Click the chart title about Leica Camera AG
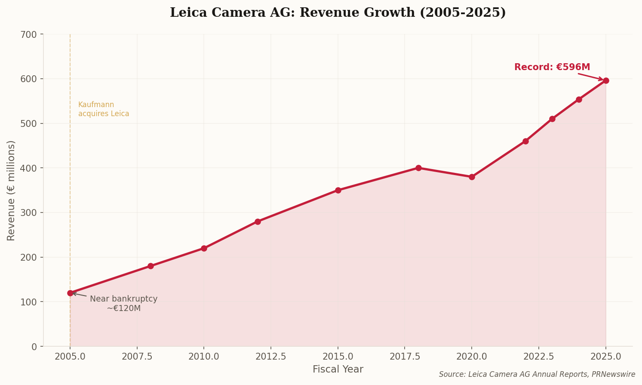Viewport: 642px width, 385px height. point(338,12)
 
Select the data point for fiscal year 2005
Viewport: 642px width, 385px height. point(70,293)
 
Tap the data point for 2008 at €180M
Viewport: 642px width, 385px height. point(151,266)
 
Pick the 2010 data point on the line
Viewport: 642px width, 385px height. point(204,248)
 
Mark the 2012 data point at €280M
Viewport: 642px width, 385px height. point(258,222)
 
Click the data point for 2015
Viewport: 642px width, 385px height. point(338,190)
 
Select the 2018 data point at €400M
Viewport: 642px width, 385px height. point(418,168)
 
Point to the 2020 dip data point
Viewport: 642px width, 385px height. point(472,177)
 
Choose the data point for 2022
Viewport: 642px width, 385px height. point(525,141)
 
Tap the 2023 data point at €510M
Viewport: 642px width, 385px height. point(552,119)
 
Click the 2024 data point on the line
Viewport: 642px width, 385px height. point(579,99)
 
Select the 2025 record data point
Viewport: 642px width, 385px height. point(606,80)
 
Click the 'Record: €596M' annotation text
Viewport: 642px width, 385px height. point(552,68)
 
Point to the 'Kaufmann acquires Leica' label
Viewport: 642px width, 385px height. point(104,109)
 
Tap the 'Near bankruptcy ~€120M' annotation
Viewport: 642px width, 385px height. point(123,304)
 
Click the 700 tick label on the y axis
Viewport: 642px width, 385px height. point(29,34)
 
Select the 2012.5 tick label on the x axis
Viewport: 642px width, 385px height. point(271,357)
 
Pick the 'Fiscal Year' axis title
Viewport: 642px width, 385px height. point(338,370)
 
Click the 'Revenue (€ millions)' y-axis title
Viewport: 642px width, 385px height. point(11,190)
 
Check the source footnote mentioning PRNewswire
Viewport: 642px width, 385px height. point(537,375)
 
